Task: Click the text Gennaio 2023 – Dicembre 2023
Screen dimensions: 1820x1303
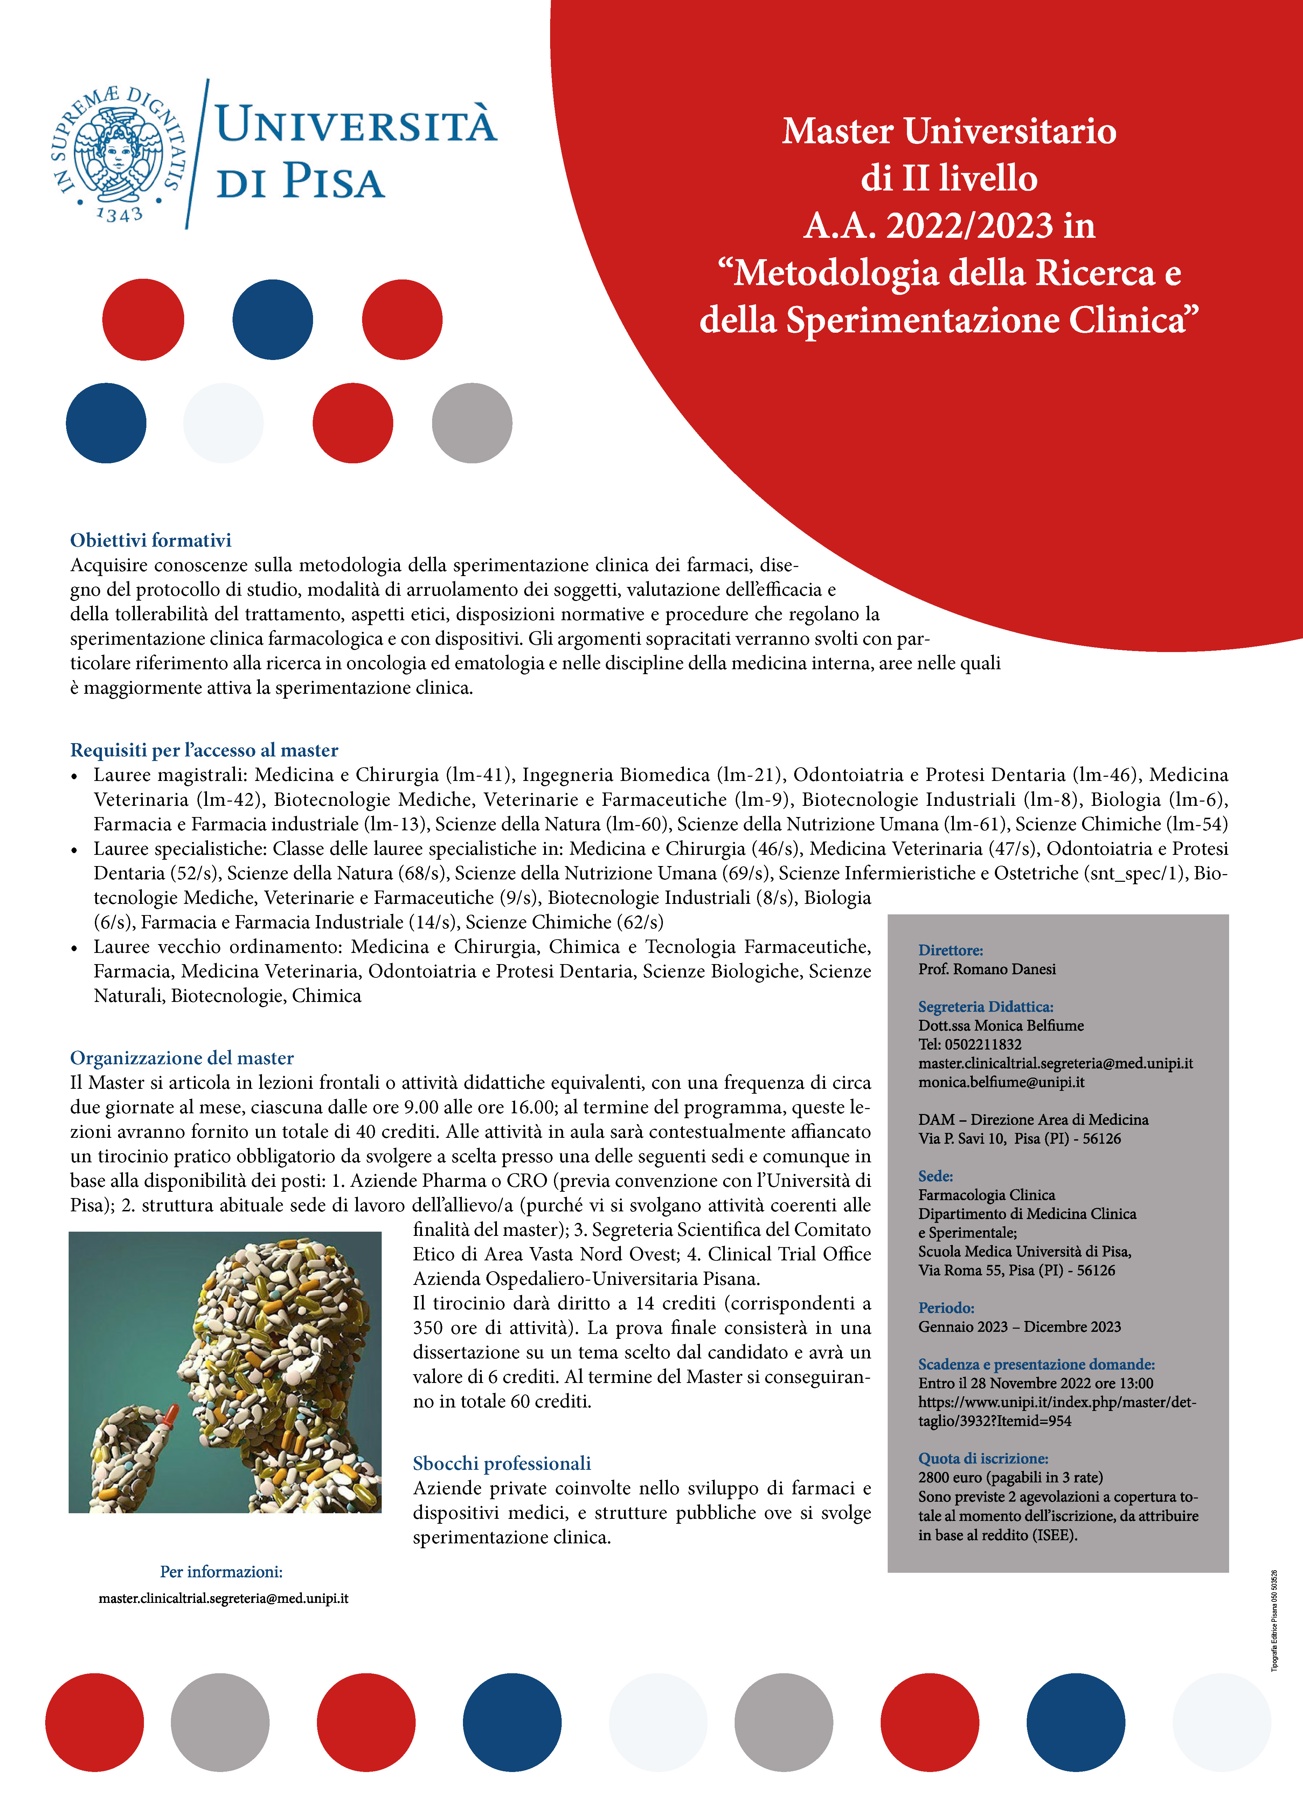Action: point(1019,1327)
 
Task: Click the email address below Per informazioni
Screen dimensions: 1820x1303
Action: point(223,1598)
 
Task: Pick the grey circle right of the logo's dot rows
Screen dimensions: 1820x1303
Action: point(472,423)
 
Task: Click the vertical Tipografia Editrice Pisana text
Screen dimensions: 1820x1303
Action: point(1274,1621)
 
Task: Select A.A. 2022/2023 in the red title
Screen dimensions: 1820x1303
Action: point(949,226)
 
